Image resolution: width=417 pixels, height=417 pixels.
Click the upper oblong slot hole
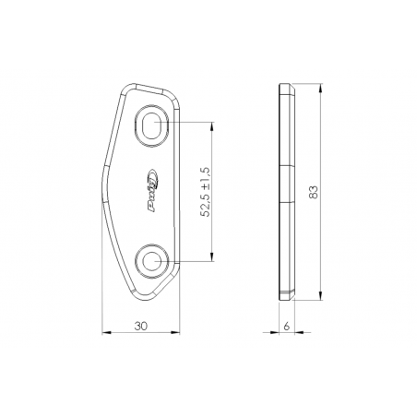pyautogui.click(x=154, y=125)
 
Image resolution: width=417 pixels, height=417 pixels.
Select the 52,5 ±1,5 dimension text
pyautogui.click(x=207, y=192)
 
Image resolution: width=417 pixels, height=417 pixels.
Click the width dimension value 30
pyautogui.click(x=142, y=326)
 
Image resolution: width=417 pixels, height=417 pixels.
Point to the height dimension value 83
pyautogui.click(x=314, y=192)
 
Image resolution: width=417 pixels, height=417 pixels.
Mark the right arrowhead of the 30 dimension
pyautogui.click(x=181, y=332)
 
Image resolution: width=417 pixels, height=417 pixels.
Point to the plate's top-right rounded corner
pyautogui.click(x=173, y=96)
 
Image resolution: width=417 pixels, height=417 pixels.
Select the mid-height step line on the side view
pyautogui.click(x=288, y=170)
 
